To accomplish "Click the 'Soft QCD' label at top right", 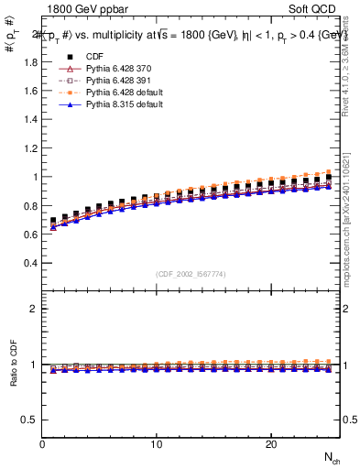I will pyautogui.click(x=315, y=10).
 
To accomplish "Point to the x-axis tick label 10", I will pyautogui.click(x=157, y=444).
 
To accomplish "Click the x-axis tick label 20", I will pyautogui.click(x=270, y=444).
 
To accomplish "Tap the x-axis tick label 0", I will pyautogui.click(x=43, y=444).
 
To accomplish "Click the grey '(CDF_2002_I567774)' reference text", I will pyautogui.click(x=191, y=273).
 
